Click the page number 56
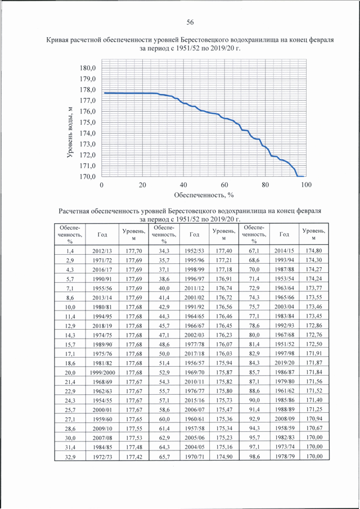click(190, 22)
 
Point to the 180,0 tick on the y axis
click(87, 68)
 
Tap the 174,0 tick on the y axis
click(87, 133)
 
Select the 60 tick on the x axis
click(224, 184)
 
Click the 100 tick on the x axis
click(306, 184)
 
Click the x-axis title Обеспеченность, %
click(204, 195)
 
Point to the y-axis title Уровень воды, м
click(70, 132)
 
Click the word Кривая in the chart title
click(57, 40)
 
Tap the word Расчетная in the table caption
click(74, 211)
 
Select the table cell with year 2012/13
click(102, 251)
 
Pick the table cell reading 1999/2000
click(102, 373)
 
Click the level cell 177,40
click(224, 251)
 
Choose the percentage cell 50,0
click(164, 354)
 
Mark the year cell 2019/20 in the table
click(285, 363)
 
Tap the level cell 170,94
click(314, 419)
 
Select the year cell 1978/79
click(285, 456)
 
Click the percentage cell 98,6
click(254, 456)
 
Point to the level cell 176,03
click(224, 354)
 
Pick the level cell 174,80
click(314, 251)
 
